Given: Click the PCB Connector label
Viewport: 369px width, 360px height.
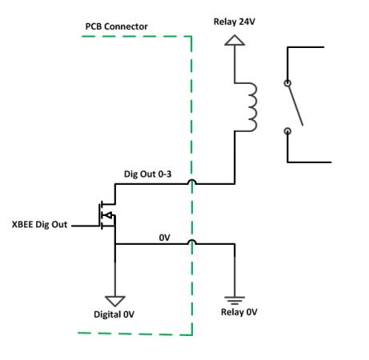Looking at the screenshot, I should point(118,26).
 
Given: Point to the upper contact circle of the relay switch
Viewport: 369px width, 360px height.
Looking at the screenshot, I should point(287,82).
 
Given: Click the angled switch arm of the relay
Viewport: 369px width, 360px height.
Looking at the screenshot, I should point(295,105).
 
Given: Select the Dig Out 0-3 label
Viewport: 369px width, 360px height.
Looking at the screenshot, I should point(148,174).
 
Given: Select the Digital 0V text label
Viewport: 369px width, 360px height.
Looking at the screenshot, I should point(116,315).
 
